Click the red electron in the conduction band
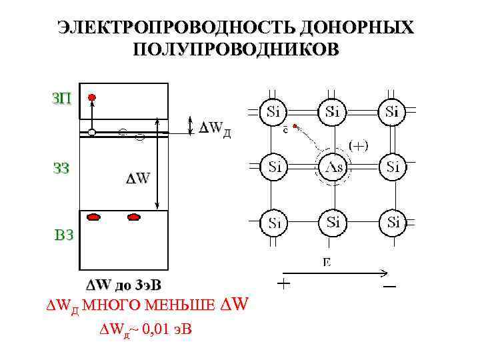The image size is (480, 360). click(92, 97)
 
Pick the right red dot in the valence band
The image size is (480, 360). click(135, 216)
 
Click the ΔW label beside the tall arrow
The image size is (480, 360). click(138, 178)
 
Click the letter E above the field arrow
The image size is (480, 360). click(327, 262)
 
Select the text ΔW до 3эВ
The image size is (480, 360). click(121, 286)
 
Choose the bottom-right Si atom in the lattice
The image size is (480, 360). click(392, 221)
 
